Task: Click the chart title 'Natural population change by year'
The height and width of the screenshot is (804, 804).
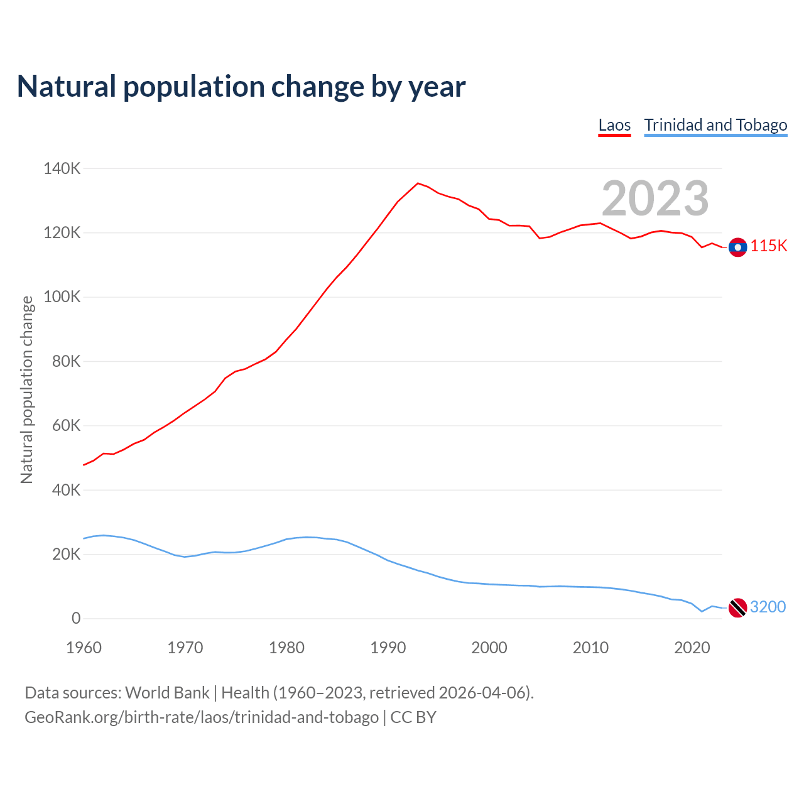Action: click(x=241, y=87)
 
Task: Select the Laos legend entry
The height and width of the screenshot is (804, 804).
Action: click(x=614, y=125)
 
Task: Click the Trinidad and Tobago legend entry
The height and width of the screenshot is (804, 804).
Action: click(x=715, y=125)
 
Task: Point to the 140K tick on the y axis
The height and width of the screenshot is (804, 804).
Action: click(x=62, y=168)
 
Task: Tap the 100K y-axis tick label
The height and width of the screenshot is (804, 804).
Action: click(x=62, y=297)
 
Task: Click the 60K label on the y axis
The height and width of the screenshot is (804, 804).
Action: click(x=66, y=426)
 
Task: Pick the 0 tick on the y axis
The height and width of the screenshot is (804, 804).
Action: click(x=76, y=618)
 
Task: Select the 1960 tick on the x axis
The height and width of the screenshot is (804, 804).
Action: click(x=84, y=648)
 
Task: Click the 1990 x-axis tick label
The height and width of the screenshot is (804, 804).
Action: click(x=388, y=648)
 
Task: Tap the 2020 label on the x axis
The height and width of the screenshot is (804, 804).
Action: click(x=692, y=648)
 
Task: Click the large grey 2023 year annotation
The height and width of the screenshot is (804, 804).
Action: click(x=655, y=198)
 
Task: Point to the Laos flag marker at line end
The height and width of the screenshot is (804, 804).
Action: click(x=737, y=247)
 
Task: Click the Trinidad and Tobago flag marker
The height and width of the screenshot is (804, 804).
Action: click(x=737, y=607)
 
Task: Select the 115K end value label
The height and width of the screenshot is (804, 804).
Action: click(x=768, y=246)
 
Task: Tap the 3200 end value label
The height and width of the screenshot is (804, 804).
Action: click(x=768, y=607)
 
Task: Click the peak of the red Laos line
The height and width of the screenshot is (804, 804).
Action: click(x=418, y=183)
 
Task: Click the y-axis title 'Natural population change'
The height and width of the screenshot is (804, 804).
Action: click(x=26, y=389)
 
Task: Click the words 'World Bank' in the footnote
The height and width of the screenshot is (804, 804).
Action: click(x=167, y=693)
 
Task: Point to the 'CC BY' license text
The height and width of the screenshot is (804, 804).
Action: click(x=413, y=717)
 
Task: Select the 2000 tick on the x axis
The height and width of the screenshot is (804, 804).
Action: click(x=489, y=648)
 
